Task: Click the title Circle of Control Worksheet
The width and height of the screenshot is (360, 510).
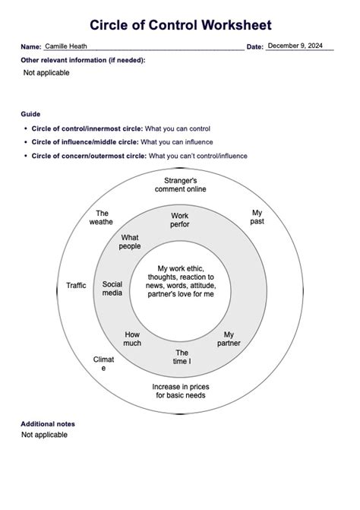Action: [x=180, y=26]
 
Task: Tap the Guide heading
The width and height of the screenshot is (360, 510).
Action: [x=30, y=113]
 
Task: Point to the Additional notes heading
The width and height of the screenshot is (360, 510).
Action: [x=48, y=424]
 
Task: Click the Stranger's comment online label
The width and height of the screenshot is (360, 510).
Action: [x=185, y=185]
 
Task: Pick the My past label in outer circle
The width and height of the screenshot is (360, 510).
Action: [x=257, y=217]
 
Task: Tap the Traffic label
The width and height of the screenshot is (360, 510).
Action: [x=76, y=286]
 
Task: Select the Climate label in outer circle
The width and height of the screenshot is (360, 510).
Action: [x=103, y=363]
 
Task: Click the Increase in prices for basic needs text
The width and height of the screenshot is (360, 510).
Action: [x=181, y=391]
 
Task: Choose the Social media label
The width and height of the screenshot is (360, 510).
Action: [x=112, y=288]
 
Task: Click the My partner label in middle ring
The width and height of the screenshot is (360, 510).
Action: [x=229, y=338]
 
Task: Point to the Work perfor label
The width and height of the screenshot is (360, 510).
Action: [x=180, y=220]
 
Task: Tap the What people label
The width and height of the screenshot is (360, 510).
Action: [x=130, y=242]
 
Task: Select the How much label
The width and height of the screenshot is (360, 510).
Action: [x=132, y=338]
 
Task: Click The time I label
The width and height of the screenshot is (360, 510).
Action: [x=182, y=356]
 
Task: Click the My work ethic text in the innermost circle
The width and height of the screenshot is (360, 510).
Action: [x=186, y=281]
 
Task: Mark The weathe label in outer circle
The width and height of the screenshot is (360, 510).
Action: [x=102, y=217]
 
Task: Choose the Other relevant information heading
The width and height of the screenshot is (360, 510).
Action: [x=84, y=59]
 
